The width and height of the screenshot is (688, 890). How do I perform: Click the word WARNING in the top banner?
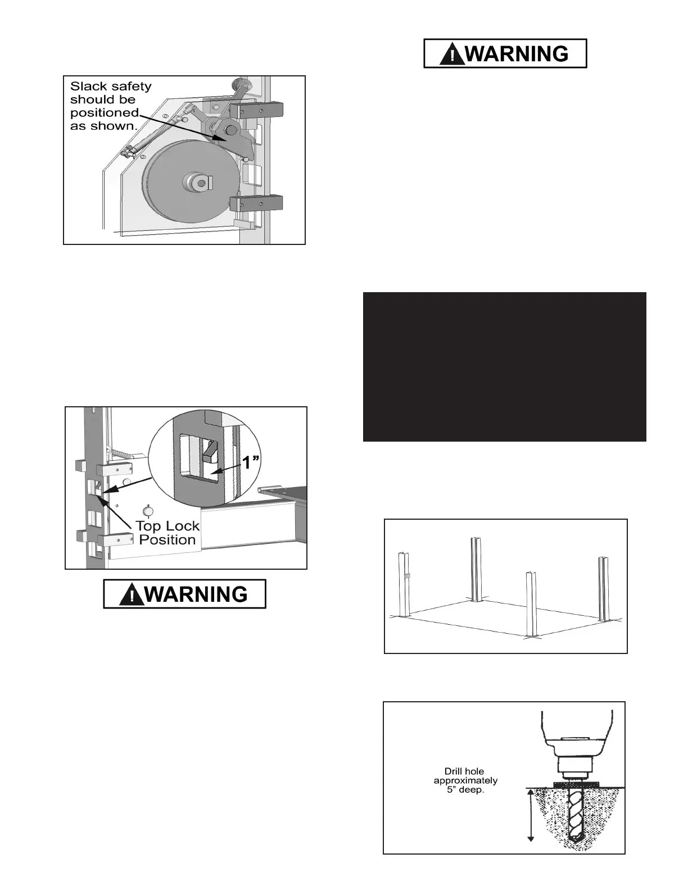coord(517,54)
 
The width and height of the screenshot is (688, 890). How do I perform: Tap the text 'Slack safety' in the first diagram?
coord(111,87)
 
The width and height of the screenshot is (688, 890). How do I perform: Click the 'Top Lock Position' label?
coord(168,533)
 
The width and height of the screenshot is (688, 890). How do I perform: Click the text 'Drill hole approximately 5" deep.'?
coord(465,780)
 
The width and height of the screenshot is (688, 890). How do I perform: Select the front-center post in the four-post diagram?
coord(530,605)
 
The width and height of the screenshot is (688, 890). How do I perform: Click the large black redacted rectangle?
coord(504,366)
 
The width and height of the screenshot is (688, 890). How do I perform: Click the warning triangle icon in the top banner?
coord(452,54)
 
